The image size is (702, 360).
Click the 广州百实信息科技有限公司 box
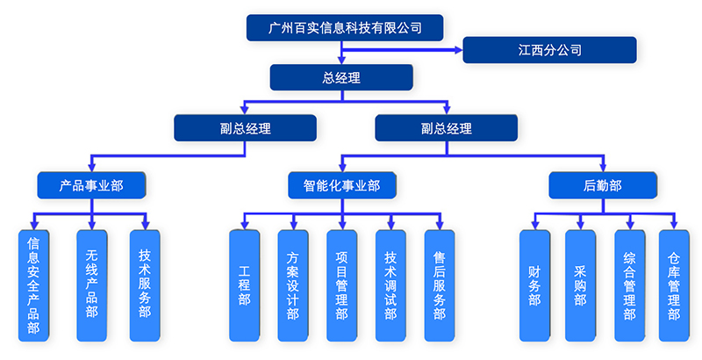(344, 28)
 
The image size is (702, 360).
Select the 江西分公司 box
(549, 50)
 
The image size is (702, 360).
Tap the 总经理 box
(341, 78)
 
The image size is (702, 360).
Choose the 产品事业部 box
(91, 185)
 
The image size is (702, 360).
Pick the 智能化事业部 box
(341, 185)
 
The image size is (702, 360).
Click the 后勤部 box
(602, 185)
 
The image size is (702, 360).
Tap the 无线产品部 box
(91, 286)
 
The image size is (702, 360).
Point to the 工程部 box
(244, 286)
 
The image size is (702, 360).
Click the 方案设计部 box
(292, 286)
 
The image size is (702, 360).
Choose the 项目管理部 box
(341, 286)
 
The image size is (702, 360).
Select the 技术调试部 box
(390, 286)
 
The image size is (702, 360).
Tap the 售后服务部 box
(439, 286)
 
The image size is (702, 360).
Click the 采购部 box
(580, 286)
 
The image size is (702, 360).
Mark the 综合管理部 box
(629, 286)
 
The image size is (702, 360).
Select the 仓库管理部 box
(674, 286)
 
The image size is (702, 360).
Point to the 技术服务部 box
(144, 286)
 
